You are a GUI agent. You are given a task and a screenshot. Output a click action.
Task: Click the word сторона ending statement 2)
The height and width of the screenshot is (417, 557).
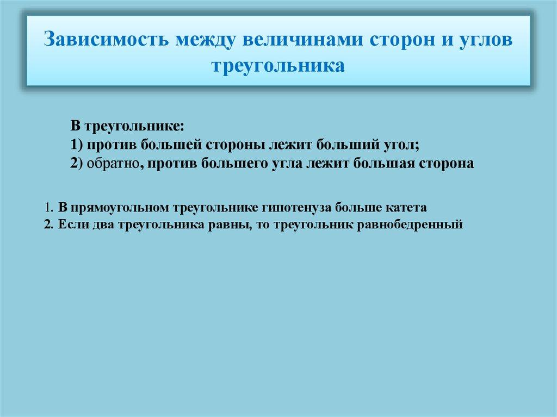(443, 164)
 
